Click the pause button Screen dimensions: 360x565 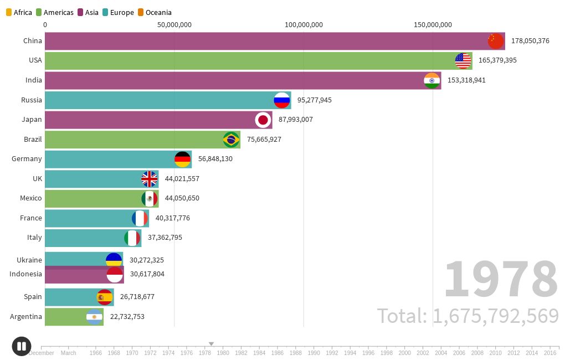coord(22,347)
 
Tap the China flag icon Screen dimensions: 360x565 coord(496,41)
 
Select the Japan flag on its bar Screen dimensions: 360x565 coord(263,120)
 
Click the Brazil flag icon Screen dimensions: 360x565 coord(231,140)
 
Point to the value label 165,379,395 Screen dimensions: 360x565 coord(497,60)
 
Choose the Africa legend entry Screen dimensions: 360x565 coord(19,12)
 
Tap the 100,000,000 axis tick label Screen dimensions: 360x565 coord(304,24)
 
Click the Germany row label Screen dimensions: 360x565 coord(27,159)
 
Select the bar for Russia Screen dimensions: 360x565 coord(161,100)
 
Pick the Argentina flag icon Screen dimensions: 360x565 coord(94,317)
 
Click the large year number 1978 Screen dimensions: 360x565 coord(500,280)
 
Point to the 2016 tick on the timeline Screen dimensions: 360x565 coord(550,352)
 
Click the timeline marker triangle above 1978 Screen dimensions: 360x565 coord(211,344)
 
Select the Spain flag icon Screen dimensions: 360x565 coord(104,297)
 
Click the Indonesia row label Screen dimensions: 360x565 coord(25,274)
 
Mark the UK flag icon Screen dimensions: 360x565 coord(150,179)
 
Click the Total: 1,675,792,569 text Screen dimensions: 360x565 coord(468,316)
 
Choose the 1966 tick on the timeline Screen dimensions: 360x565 coord(96,352)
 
